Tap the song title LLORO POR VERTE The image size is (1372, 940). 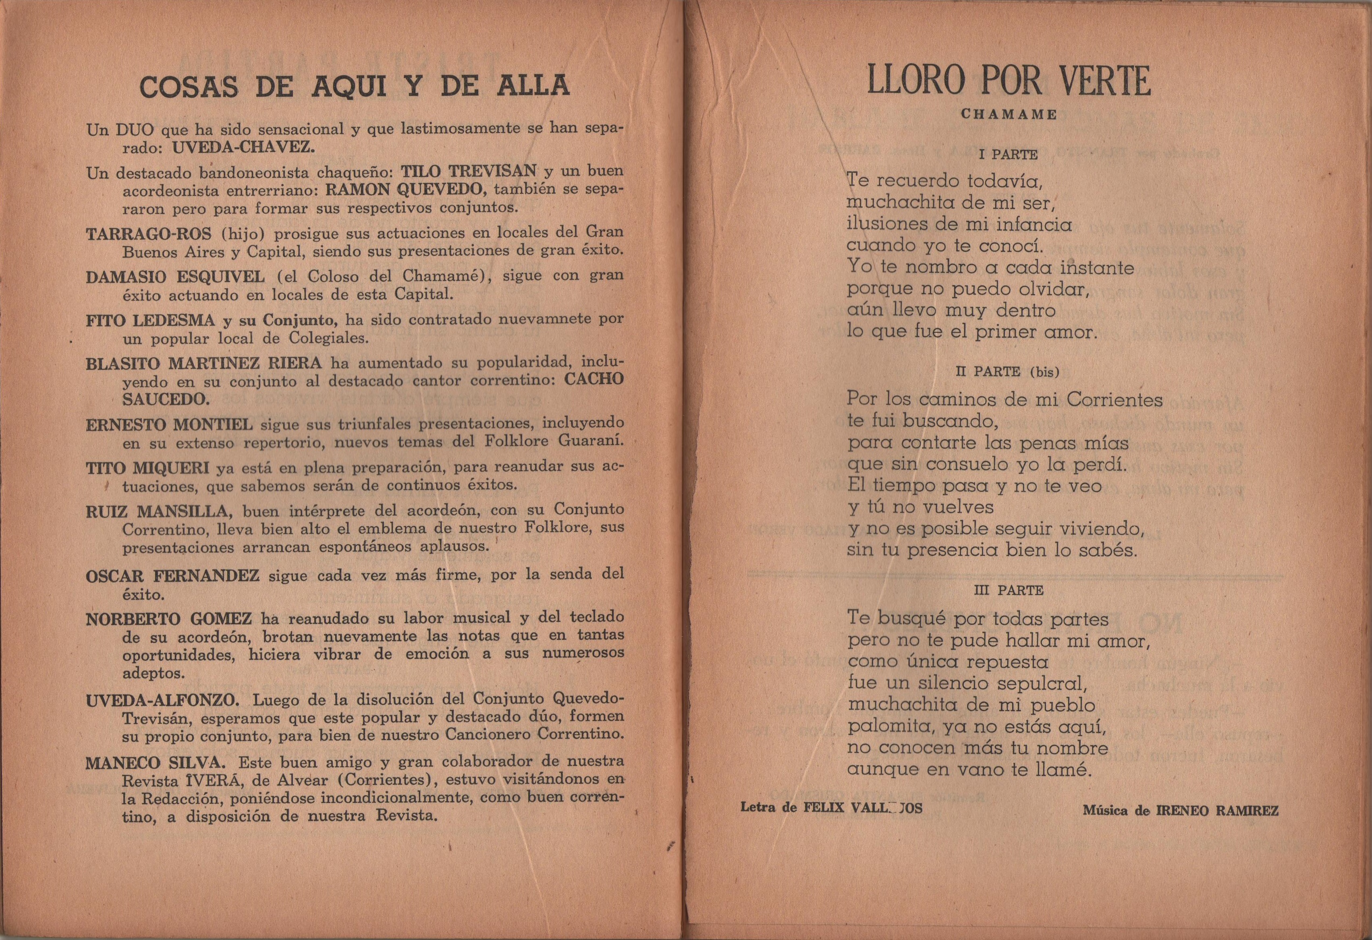pos(1008,81)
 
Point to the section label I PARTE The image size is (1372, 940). pos(1008,155)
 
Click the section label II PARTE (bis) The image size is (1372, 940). pos(1007,372)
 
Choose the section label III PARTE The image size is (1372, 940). pos(1008,590)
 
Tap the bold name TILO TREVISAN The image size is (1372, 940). pos(469,171)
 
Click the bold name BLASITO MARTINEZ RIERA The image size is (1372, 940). pos(203,363)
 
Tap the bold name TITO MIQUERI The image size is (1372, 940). pos(147,468)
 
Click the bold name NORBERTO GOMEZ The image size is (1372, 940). pos(169,619)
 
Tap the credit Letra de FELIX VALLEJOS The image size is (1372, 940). pos(831,808)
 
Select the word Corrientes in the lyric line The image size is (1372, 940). pos(1114,400)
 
